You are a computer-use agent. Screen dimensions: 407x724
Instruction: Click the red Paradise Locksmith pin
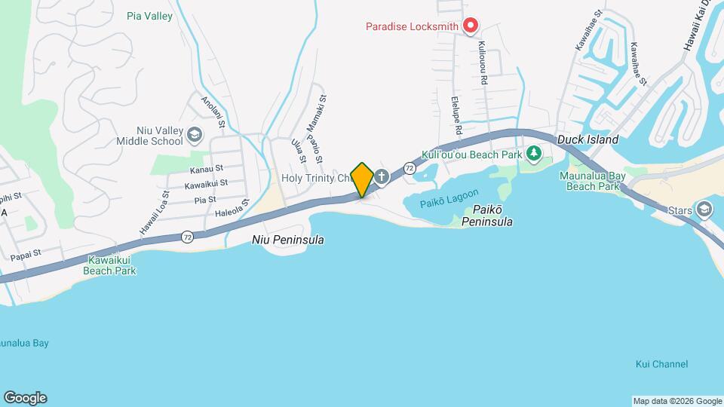click(x=471, y=26)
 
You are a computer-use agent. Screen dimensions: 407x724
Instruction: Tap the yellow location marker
click(x=362, y=179)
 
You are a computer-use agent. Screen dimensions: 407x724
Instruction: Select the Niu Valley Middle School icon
click(x=195, y=135)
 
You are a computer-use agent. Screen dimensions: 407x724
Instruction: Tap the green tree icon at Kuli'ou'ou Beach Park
click(x=534, y=154)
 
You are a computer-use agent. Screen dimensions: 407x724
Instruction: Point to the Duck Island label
click(x=587, y=139)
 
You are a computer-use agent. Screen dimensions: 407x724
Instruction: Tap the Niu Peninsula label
click(x=287, y=240)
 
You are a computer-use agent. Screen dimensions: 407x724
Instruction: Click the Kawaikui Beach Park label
click(x=109, y=265)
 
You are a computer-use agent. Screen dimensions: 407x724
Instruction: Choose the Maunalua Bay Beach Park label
click(x=593, y=181)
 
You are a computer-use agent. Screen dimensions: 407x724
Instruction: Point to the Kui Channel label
click(x=661, y=364)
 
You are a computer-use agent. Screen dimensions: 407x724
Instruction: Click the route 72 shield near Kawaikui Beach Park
click(x=187, y=236)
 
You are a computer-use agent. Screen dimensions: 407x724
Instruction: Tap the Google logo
click(x=25, y=398)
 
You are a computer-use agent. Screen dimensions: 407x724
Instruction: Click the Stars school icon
click(x=704, y=209)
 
